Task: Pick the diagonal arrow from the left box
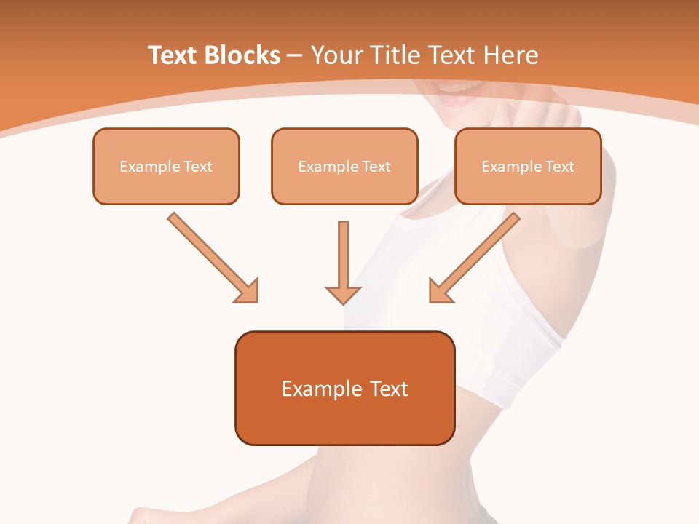click(x=212, y=256)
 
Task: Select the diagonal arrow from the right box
click(x=475, y=256)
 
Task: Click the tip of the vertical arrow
click(x=343, y=301)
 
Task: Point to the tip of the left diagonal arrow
click(x=256, y=300)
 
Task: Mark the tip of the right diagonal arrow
click(x=432, y=300)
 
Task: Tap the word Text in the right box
click(x=560, y=167)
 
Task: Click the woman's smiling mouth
click(x=460, y=93)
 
